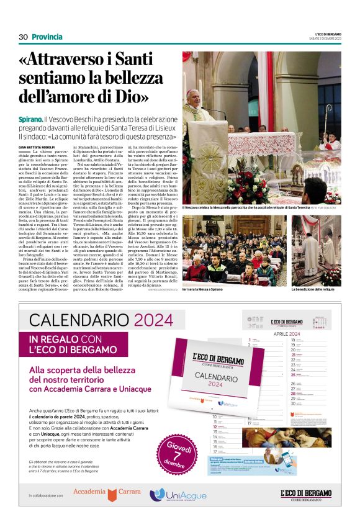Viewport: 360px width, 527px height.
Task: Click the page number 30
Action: click(x=23, y=37)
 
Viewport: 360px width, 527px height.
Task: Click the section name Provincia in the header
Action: click(x=47, y=37)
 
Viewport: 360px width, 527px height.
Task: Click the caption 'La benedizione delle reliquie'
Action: click(x=313, y=289)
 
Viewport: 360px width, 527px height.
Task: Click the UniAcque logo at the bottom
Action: click(x=178, y=494)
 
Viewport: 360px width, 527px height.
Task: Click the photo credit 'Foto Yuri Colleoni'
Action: click(x=323, y=207)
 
